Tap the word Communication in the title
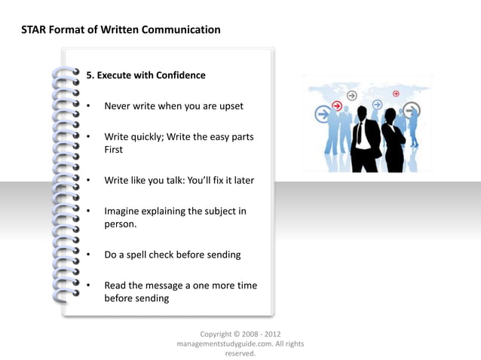184,30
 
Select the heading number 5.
90,75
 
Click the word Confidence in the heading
180,75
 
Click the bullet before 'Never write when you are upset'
88,106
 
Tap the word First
114,150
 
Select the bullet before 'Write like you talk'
88,181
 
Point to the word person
120,224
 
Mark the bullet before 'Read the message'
88,286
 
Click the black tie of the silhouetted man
360,133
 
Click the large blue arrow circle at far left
323,114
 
